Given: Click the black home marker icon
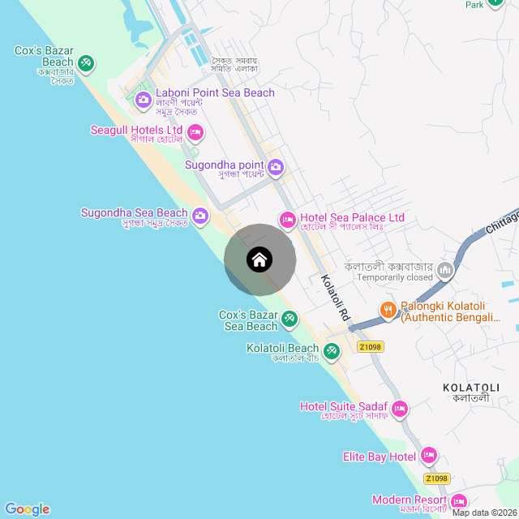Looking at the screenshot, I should coord(259,259).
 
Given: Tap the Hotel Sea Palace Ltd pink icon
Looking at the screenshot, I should coord(288,219).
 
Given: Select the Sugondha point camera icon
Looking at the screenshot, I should coord(276,167).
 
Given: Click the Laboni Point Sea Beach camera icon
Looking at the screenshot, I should coord(144,100).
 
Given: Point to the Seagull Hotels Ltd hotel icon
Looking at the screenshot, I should coord(195,131).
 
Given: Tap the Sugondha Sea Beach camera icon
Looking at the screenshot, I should coord(200,216).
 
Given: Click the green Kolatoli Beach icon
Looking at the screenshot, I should coord(331,351).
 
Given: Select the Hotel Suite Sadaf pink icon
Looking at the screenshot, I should coord(399,409).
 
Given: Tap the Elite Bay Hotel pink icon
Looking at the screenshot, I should coord(429,457).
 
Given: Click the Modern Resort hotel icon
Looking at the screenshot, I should coord(458,501).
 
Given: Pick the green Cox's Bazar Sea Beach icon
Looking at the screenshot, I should coord(290,321).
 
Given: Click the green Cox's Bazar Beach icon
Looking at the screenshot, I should coord(86,62).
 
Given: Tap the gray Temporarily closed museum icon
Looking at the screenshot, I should coord(444,269).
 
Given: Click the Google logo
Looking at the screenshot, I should coord(27,508).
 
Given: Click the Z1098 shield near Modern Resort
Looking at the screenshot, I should coord(436,478).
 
